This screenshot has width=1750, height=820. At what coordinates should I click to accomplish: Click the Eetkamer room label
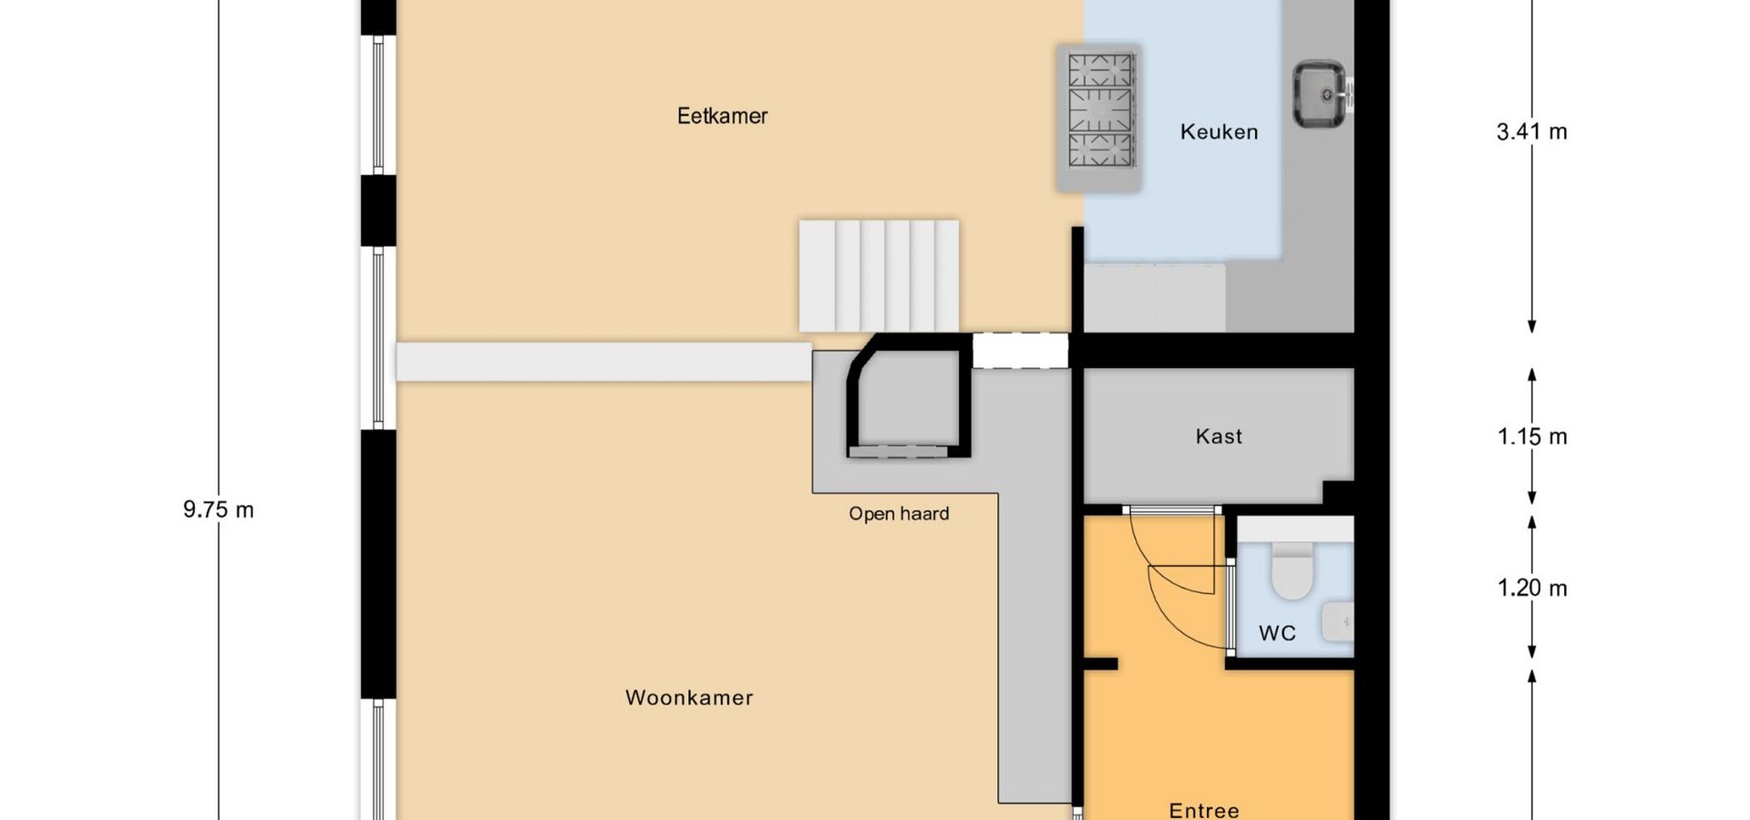[x=722, y=116]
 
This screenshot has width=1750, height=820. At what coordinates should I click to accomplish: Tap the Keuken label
[x=1219, y=132]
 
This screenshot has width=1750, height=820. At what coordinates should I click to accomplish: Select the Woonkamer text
[x=689, y=698]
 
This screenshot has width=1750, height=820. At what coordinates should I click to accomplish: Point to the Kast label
[x=1219, y=436]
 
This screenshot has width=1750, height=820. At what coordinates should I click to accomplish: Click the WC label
[x=1277, y=633]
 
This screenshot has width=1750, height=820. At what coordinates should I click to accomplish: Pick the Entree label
[x=1204, y=810]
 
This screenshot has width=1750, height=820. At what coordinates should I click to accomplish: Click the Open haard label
[x=899, y=514]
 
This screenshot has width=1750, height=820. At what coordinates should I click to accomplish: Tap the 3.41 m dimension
[x=1531, y=132]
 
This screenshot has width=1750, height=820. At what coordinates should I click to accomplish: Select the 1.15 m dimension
[x=1531, y=436]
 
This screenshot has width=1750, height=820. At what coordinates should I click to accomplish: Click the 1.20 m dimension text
[x=1531, y=588]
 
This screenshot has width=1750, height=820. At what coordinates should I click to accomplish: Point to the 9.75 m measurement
[x=218, y=509]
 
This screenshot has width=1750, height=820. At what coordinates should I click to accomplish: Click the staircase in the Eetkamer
[x=879, y=275]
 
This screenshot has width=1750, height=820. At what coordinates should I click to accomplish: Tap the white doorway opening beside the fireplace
[x=1020, y=351]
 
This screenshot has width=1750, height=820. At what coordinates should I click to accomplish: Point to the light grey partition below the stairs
[x=603, y=362]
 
